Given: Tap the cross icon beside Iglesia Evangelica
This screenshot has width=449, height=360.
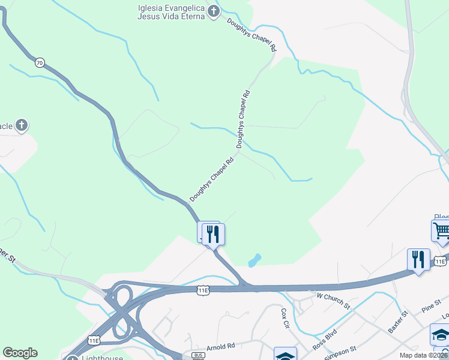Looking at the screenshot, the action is pyautogui.click(x=213, y=11).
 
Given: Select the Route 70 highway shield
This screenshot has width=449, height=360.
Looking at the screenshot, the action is pyautogui.click(x=39, y=62).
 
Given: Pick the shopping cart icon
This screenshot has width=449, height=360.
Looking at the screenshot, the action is pyautogui.click(x=441, y=230).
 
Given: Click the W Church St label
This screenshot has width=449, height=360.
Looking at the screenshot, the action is pyautogui.click(x=333, y=301).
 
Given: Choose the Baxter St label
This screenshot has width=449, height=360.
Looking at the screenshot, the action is pyautogui.click(x=398, y=322).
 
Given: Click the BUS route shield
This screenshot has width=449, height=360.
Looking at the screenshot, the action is pyautogui.click(x=198, y=355).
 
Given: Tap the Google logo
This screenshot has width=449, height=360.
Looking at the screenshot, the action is pyautogui.click(x=20, y=353).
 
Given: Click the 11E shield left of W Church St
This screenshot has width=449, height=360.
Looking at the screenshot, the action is pyautogui.click(x=203, y=290).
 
